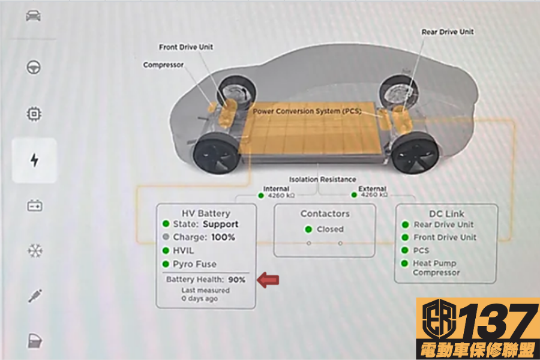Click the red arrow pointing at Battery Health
tap(268, 279)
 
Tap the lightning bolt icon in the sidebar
tap(34, 160)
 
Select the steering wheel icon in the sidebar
tap(34, 67)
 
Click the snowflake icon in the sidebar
tap(35, 250)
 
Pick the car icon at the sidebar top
tap(34, 16)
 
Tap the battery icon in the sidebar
tap(34, 206)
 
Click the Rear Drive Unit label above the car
tap(447, 32)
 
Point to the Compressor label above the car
tap(163, 65)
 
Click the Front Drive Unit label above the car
tap(186, 47)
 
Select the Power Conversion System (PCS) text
tap(307, 111)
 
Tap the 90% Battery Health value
tap(237, 280)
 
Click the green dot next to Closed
tap(308, 229)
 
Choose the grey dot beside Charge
tap(166, 237)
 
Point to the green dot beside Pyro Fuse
tap(166, 264)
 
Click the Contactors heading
tap(325, 214)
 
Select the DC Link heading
tap(446, 214)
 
